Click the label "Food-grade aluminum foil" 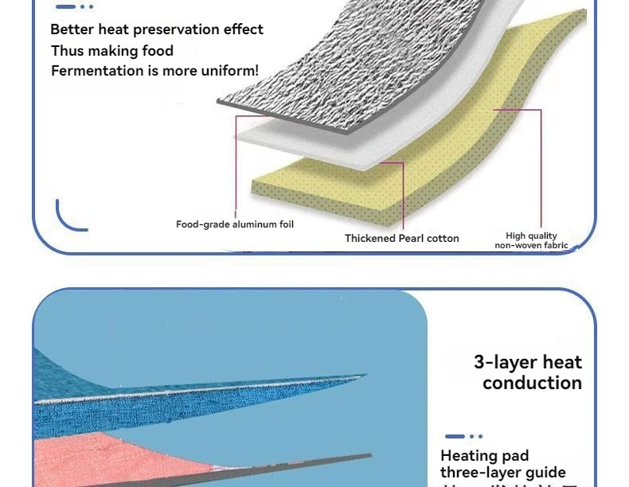point(235,224)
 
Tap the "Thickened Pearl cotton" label point(401,238)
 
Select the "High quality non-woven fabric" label point(531,240)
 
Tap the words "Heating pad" point(484,456)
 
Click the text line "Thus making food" point(112,51)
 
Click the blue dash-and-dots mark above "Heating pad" point(463,436)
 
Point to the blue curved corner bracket point(67,219)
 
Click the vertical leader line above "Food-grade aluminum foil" point(236,167)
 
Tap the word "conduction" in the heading point(532,383)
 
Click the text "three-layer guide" point(503,473)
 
